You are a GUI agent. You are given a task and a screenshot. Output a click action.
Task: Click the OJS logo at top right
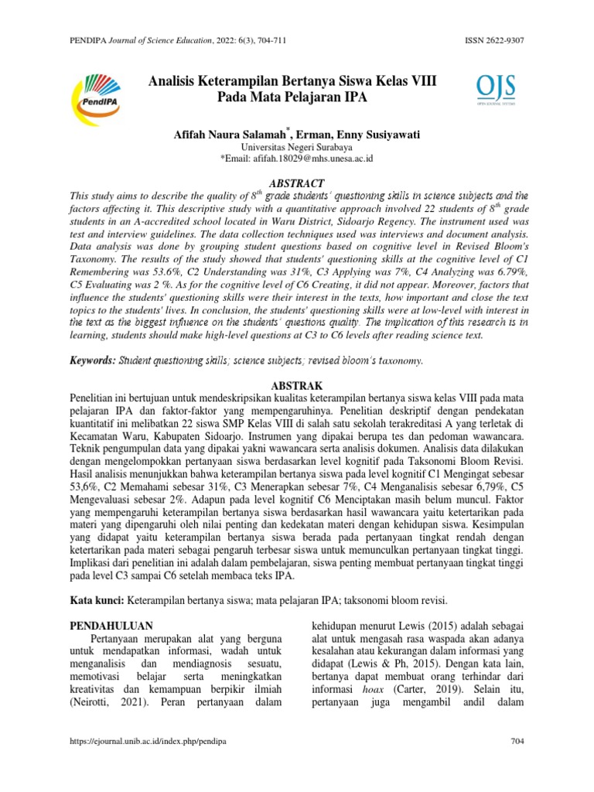tap(495, 90)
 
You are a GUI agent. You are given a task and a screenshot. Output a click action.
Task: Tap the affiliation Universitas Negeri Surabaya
tap(297, 146)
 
